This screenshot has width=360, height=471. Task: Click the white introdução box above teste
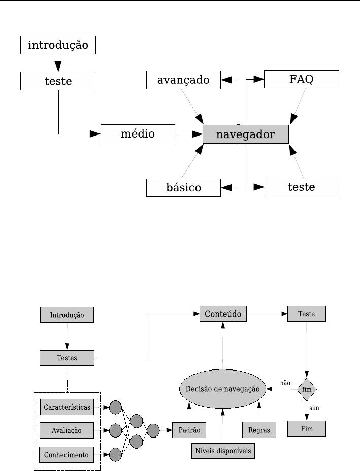pos(58,45)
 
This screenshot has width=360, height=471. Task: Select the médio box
pos(138,134)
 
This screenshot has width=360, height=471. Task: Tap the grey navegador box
pos(245,134)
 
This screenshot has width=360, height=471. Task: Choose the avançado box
pos(183,80)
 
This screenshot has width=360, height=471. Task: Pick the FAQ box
pos(302,79)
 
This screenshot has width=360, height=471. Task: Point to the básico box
pos(183,187)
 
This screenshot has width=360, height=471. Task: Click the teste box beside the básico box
pos(302,187)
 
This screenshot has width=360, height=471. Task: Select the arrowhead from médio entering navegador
pos(197,134)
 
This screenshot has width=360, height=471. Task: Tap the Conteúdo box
pos(223,314)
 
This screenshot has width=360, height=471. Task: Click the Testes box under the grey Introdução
pos(67,358)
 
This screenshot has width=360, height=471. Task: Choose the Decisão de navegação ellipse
pos(222,389)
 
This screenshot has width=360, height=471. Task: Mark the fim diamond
pos(307,389)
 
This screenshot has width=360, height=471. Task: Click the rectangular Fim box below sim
pos(306,429)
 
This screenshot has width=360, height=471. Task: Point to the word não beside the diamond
pos(285,383)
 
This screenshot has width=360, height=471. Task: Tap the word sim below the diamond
pos(314,408)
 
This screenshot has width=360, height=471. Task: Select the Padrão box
pos(189,430)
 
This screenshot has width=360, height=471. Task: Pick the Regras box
pos(259,430)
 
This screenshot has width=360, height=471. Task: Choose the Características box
pos(67,407)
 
